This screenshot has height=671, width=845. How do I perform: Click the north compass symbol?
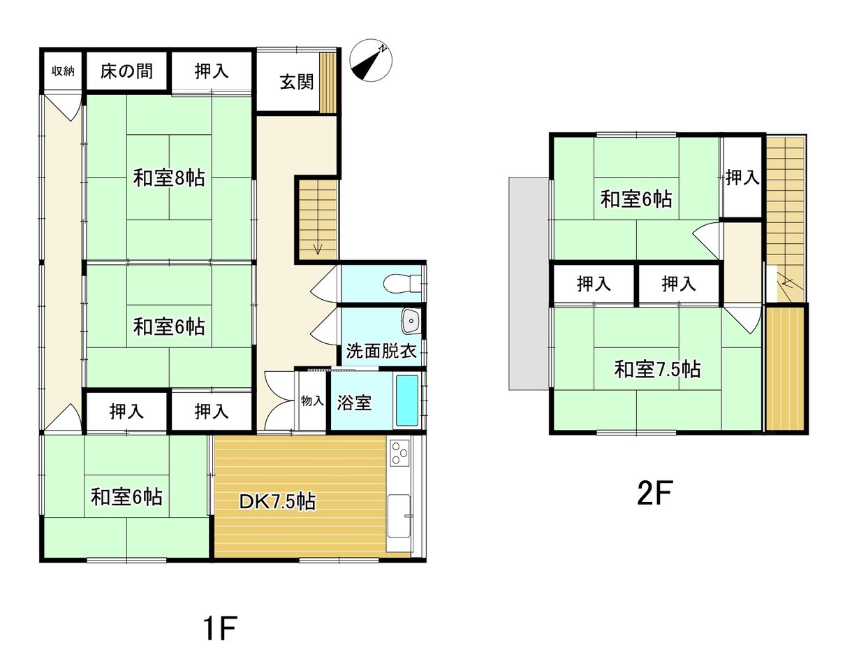[370, 60]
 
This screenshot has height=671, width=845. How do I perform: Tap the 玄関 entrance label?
[297, 82]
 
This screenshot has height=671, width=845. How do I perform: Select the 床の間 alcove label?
[126, 71]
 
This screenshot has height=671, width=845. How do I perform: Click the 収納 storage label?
[63, 71]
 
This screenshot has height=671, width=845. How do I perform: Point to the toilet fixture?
[402, 283]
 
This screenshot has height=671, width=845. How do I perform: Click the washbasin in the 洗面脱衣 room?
[411, 321]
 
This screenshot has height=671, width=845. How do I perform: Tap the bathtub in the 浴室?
[407, 401]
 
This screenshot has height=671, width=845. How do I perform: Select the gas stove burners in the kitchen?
[399, 453]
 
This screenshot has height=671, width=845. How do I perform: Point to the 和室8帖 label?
[169, 178]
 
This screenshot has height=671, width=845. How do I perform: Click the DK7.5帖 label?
[277, 502]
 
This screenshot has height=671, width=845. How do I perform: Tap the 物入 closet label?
[312, 401]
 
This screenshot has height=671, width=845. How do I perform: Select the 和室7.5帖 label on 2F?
[657, 370]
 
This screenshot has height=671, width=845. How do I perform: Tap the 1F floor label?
[220, 628]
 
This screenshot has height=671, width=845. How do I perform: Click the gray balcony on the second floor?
[529, 283]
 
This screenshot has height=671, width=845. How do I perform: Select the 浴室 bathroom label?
[354, 403]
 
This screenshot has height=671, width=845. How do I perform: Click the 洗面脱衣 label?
[381, 351]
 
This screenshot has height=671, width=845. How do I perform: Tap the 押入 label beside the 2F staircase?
[742, 178]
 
